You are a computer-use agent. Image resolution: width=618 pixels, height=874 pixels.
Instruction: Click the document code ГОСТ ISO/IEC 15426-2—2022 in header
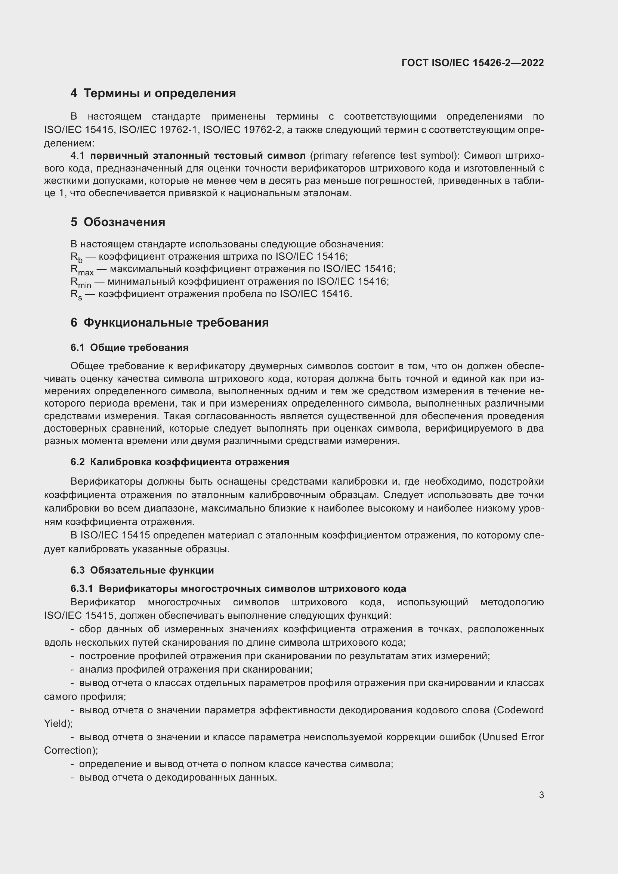click(472, 63)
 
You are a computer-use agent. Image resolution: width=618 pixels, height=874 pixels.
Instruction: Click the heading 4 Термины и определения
click(153, 93)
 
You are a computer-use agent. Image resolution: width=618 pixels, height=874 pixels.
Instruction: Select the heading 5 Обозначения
click(118, 222)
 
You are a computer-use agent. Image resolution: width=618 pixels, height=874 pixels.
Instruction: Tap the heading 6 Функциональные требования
click(169, 322)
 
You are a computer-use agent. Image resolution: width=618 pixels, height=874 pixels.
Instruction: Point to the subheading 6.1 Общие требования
click(129, 347)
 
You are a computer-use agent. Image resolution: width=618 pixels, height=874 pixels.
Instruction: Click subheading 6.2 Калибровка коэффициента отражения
click(180, 462)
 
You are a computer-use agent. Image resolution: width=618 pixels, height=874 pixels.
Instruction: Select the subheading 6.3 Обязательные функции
click(142, 570)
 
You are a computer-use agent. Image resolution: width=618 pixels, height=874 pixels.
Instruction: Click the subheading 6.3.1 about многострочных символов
click(238, 589)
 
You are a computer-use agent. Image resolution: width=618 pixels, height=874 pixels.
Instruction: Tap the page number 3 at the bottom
click(541, 795)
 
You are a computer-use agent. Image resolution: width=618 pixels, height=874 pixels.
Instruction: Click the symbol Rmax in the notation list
click(81, 270)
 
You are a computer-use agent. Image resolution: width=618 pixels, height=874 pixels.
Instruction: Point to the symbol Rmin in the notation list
click(80, 282)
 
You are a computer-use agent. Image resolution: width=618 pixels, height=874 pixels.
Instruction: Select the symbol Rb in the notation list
click(76, 257)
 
